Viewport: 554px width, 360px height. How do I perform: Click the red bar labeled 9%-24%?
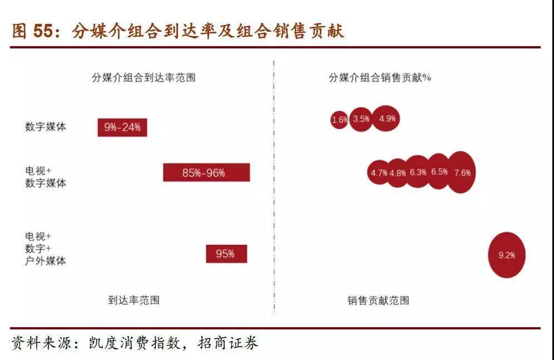[122, 127]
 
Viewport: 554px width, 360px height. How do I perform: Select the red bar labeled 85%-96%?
[206, 172]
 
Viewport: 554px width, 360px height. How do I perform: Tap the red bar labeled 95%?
[226, 254]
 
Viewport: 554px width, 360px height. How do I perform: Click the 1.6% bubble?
[339, 120]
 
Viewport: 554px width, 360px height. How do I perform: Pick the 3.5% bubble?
[361, 119]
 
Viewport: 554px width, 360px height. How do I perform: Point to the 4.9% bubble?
[386, 119]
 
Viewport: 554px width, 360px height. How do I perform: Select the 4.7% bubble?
[378, 172]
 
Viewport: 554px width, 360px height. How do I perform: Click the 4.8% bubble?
[398, 172]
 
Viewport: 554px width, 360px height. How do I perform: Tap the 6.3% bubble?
[418, 172]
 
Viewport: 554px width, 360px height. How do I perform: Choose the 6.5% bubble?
[439, 171]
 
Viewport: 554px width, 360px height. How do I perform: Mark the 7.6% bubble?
[462, 172]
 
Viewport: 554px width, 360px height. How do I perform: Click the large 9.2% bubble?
[507, 255]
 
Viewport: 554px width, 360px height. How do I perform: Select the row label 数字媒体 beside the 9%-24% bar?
[46, 126]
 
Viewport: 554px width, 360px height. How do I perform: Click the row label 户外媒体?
[46, 261]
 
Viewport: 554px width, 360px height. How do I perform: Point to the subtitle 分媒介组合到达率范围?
[144, 77]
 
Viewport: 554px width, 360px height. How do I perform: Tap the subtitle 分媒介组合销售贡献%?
[380, 77]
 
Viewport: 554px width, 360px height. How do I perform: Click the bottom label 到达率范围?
[134, 300]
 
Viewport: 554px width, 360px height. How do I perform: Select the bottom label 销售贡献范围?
[378, 300]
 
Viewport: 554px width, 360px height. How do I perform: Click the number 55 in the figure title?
[42, 31]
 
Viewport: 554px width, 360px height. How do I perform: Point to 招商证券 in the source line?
[228, 343]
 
